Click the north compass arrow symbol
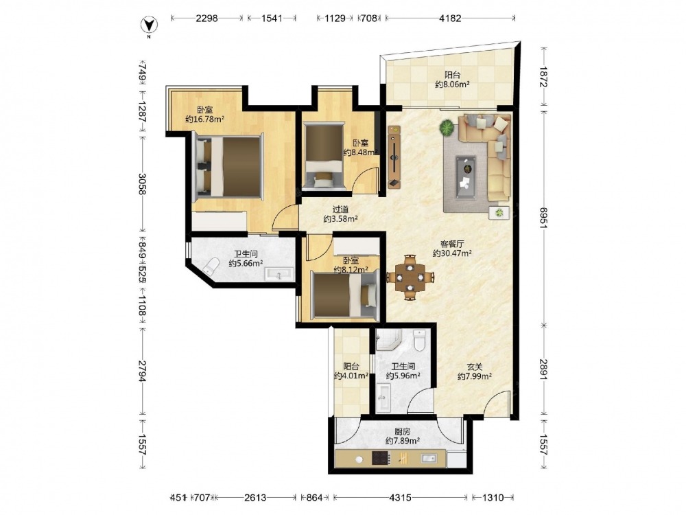[149, 25]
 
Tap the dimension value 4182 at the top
[450, 18]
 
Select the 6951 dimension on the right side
[543, 218]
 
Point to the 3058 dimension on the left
[143, 184]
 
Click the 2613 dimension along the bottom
[255, 497]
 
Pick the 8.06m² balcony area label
[452, 84]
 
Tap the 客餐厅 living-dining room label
[452, 244]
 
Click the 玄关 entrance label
[474, 367]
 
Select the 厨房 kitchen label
[403, 431]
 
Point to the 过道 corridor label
[340, 209]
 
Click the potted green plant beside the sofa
[447, 128]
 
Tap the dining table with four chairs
[410, 277]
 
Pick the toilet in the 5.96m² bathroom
[419, 341]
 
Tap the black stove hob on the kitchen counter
[381, 458]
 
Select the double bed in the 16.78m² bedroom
[228, 166]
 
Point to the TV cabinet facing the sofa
[394, 157]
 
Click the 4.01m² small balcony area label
[351, 376]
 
